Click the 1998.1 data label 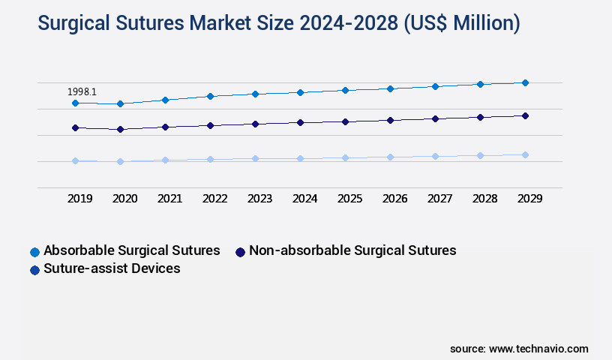coord(82,91)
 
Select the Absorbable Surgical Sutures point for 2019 coord(75,103)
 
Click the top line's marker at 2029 coord(525,82)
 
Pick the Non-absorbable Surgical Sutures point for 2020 coord(120,129)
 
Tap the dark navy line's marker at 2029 coord(525,115)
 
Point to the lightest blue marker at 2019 coord(75,160)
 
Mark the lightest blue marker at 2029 coord(525,154)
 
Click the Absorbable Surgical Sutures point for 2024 coord(300,92)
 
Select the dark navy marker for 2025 coord(345,121)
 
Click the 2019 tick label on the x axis coord(80,199)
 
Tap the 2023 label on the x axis coord(260,199)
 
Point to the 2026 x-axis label coord(395,199)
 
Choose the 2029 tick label coord(530,199)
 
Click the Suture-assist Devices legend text coord(112,268)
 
